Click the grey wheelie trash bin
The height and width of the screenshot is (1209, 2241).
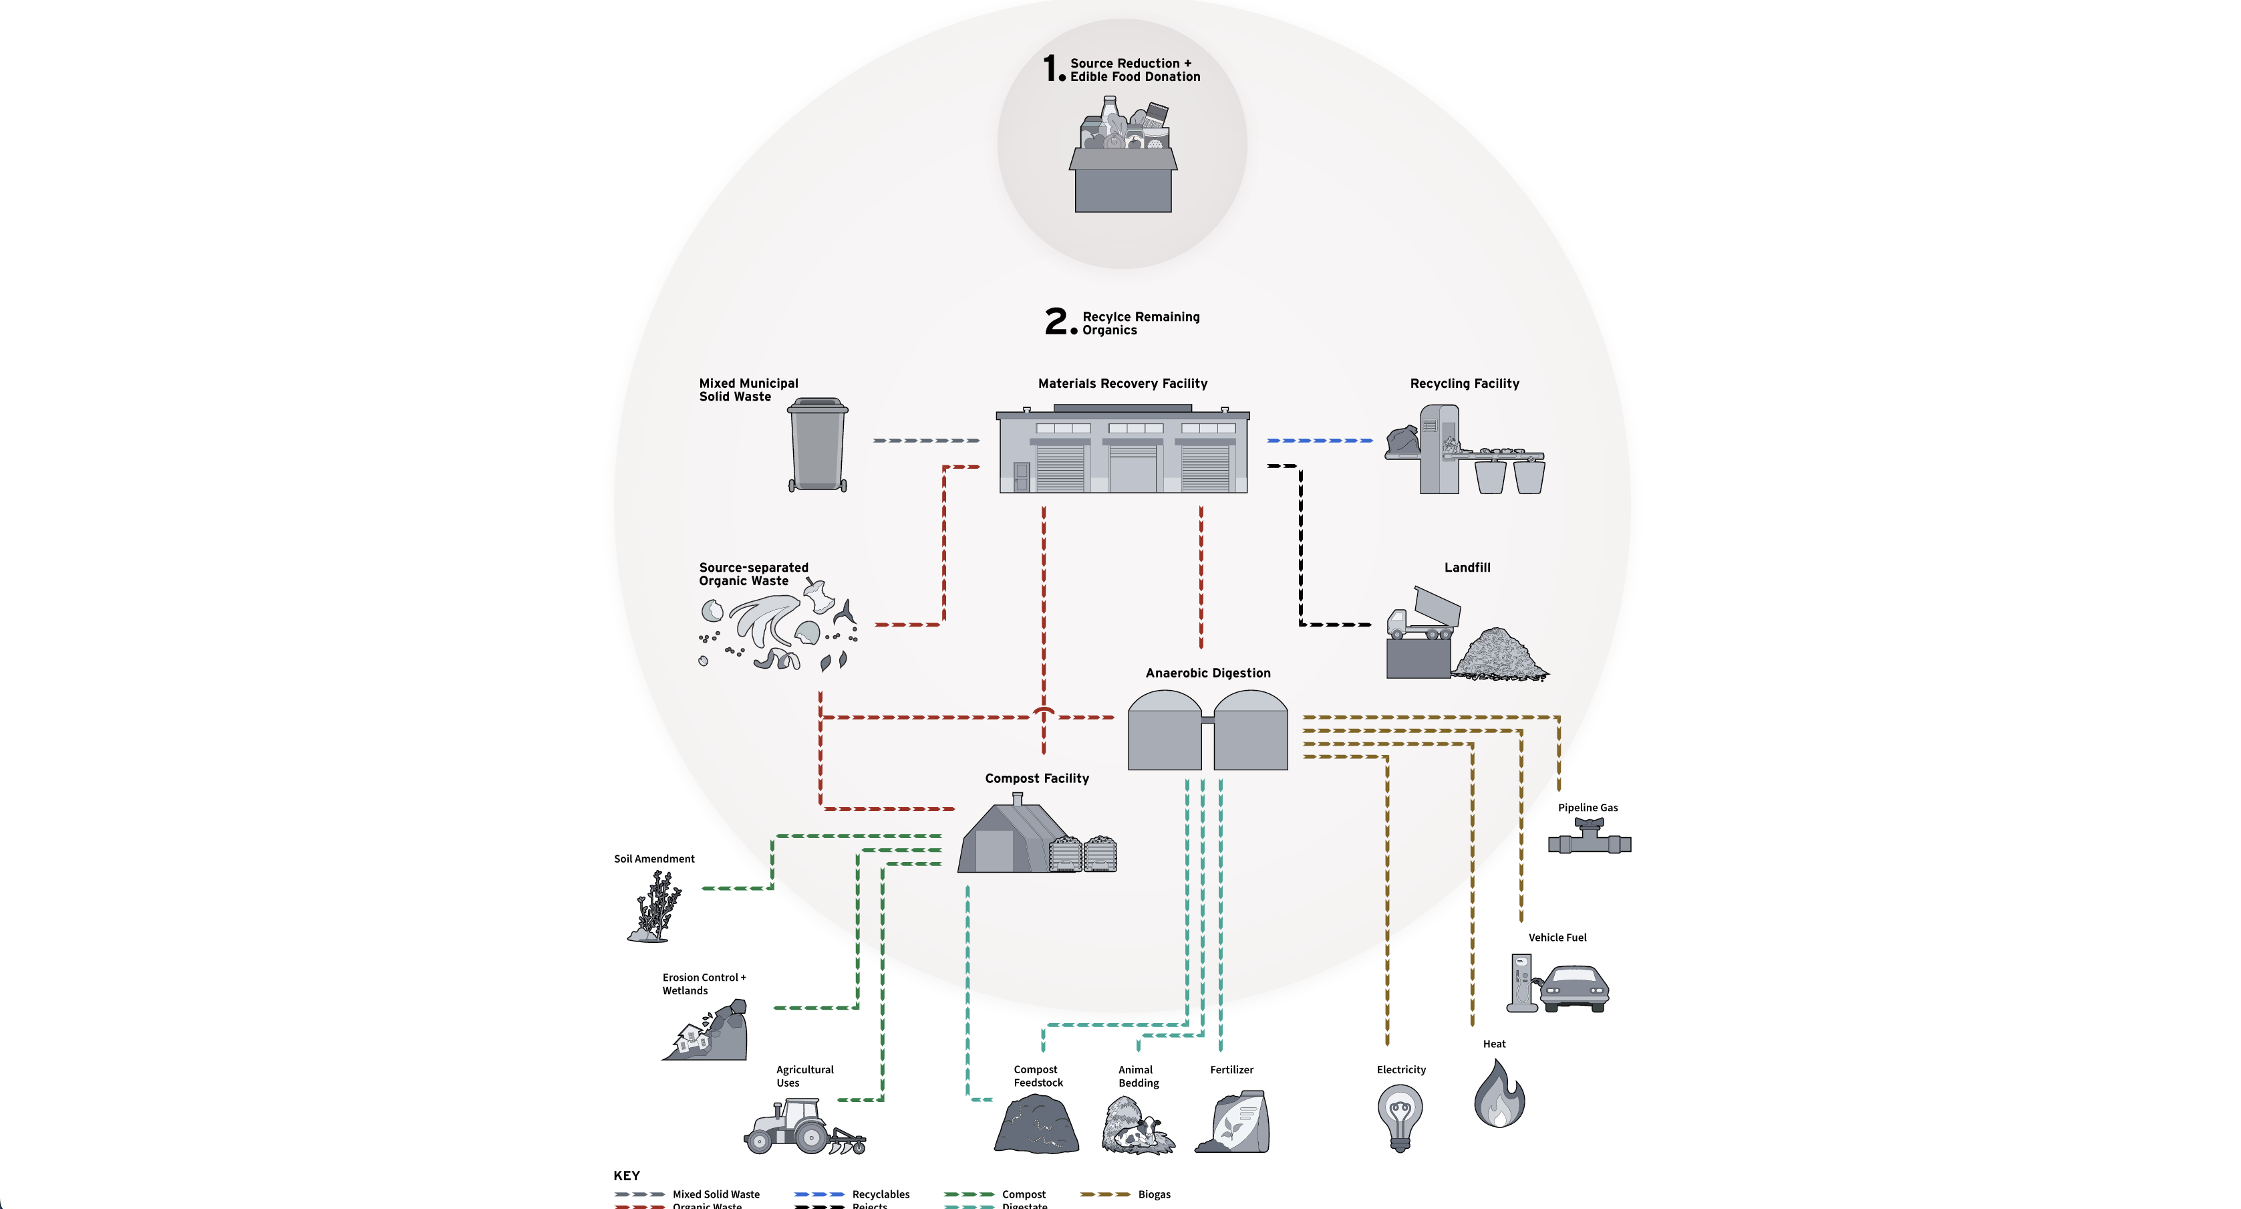tap(817, 445)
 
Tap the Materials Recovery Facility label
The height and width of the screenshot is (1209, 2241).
tap(1123, 383)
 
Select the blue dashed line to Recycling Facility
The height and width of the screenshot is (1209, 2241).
tap(1319, 441)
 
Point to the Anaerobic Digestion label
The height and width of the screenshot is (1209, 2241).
tap(1207, 673)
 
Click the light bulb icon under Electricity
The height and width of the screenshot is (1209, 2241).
tap(1400, 1117)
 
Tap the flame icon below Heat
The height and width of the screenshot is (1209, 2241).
tap(1498, 1095)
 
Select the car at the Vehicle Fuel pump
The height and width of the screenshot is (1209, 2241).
tap(1575, 987)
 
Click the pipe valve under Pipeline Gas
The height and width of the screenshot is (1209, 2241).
tap(1588, 838)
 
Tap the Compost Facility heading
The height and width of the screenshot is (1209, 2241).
tap(1036, 778)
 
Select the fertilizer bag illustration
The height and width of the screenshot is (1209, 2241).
tap(1236, 1123)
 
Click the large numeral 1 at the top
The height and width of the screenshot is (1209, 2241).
tap(1050, 68)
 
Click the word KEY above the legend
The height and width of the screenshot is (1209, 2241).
tap(626, 1175)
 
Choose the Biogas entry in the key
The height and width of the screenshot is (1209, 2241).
tap(1153, 1194)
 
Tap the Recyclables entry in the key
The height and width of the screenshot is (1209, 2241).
tap(881, 1194)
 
